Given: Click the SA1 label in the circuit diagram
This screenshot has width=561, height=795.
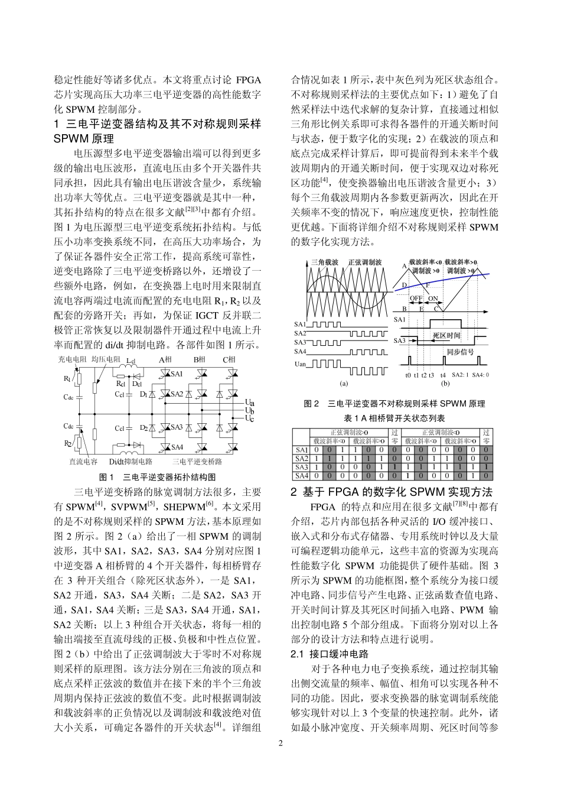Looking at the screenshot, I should [177, 374].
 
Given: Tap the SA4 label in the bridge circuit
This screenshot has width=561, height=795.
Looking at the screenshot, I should [177, 447].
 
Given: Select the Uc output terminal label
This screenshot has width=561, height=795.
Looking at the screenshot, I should [250, 418].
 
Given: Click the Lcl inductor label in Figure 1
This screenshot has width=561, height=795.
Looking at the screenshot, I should [131, 361].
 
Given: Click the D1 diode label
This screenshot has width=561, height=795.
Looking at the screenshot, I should [143, 394].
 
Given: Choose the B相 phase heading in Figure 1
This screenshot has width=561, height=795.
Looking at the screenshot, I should [200, 359].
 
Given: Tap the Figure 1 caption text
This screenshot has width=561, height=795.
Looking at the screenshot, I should [157, 477].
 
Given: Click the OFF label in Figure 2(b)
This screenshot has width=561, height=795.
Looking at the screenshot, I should [416, 299].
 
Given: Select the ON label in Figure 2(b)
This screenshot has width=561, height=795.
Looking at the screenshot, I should [433, 299].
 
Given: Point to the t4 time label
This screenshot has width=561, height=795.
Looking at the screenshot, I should [443, 375].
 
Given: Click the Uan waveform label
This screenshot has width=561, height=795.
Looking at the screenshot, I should [301, 364].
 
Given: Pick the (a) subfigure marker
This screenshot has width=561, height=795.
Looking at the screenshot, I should [344, 383].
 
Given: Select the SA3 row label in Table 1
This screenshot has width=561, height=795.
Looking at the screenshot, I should [301, 467].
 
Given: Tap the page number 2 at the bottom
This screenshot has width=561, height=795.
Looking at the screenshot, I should [280, 743].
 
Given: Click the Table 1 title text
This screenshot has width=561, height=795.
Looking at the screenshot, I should [394, 418].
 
